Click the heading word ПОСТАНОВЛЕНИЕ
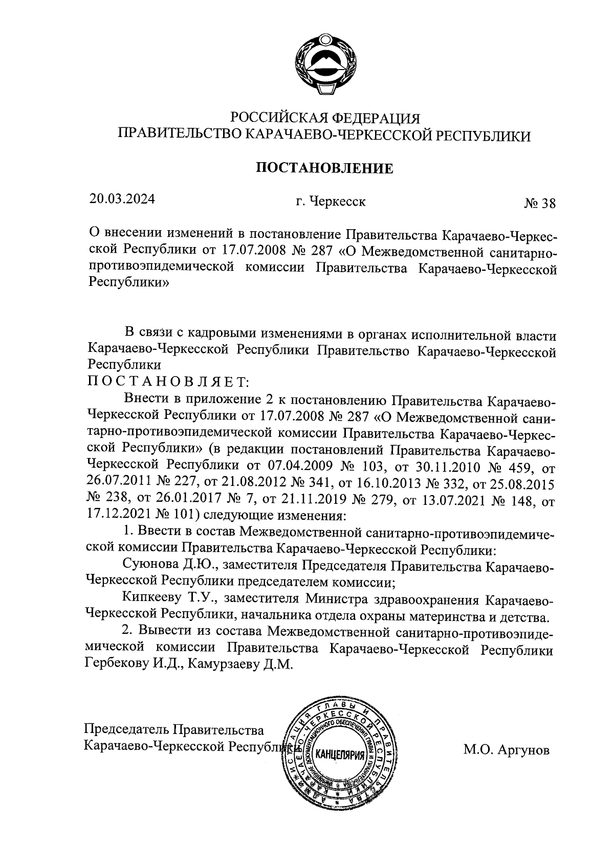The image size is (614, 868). pos(324,168)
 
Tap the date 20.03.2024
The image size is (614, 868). pos(121,198)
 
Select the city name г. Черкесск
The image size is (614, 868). pos(331,202)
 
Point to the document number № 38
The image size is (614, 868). pos(539,204)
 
